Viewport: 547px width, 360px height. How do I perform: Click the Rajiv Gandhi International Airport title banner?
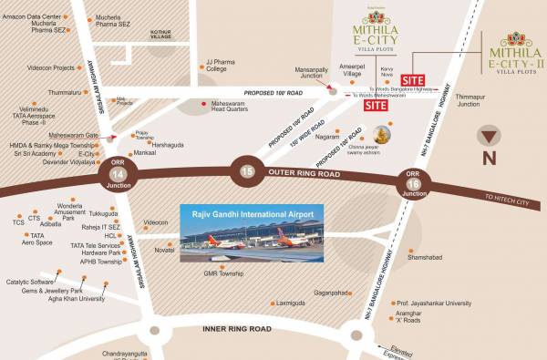point(248,212)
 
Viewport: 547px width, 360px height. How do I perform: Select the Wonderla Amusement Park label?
point(76,211)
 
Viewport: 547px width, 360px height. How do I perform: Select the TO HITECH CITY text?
point(507,197)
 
